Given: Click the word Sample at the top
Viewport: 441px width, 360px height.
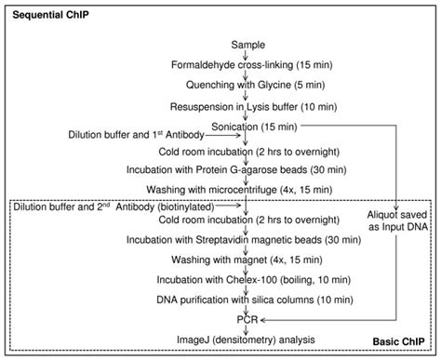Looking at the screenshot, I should tap(247, 45).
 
